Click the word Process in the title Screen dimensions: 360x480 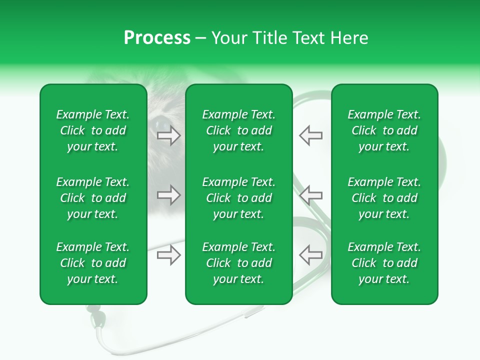[x=157, y=38]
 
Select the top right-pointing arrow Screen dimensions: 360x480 [x=169, y=135]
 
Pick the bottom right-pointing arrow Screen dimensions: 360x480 [x=169, y=254]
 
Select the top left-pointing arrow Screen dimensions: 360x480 [x=310, y=135]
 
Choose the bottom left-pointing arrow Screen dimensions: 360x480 [x=310, y=254]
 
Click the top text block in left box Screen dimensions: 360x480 [x=93, y=130]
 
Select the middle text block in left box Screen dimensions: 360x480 [x=93, y=198]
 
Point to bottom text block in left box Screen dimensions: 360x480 [x=93, y=263]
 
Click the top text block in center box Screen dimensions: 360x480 [x=238, y=130]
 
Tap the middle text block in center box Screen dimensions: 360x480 [x=238, y=198]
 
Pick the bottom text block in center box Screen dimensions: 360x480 [x=238, y=263]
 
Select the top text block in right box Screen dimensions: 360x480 [x=384, y=130]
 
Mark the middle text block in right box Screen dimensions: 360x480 [x=384, y=198]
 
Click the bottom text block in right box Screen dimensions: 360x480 [x=384, y=263]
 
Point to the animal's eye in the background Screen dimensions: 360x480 [x=161, y=122]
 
